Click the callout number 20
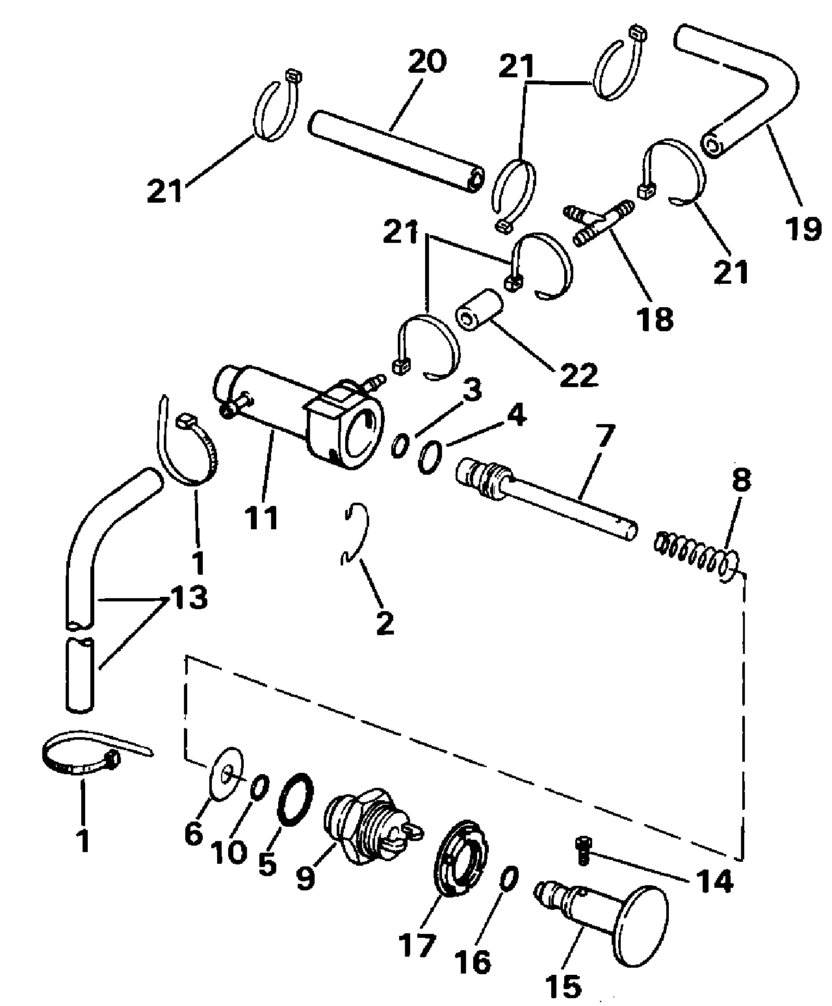427,62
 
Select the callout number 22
578,374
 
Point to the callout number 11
261,518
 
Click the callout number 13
190,597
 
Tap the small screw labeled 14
582,852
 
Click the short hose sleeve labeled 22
480,309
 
